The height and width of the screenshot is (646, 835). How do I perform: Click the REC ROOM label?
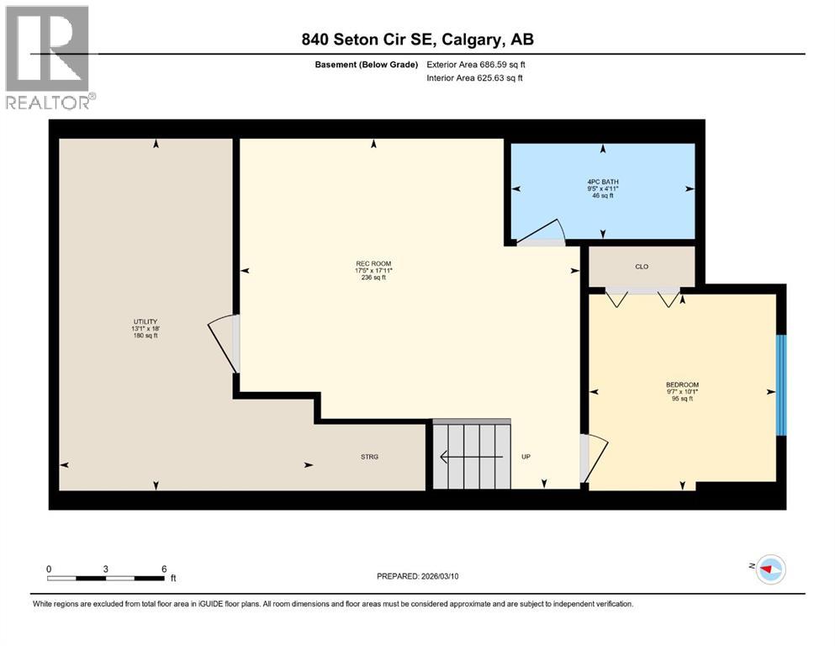373,263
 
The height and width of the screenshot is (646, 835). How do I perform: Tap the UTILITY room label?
145,321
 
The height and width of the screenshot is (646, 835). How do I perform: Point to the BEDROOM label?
682,384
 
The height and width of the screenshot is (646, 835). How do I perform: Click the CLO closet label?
642,267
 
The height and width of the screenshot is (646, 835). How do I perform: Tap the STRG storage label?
369,457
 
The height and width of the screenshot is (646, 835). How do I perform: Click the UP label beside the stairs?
526,457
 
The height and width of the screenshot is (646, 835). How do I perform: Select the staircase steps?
472,455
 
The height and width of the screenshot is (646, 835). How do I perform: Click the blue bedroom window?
780,385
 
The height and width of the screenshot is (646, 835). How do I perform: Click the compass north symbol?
769,569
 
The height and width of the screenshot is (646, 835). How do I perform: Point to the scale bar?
106,578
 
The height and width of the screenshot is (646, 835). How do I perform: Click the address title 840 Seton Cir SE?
418,40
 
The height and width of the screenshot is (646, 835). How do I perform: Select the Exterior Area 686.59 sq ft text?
477,64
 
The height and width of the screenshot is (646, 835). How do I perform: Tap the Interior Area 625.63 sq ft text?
475,78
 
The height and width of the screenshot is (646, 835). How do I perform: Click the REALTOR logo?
50,57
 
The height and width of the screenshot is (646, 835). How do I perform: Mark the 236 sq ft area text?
373,278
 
